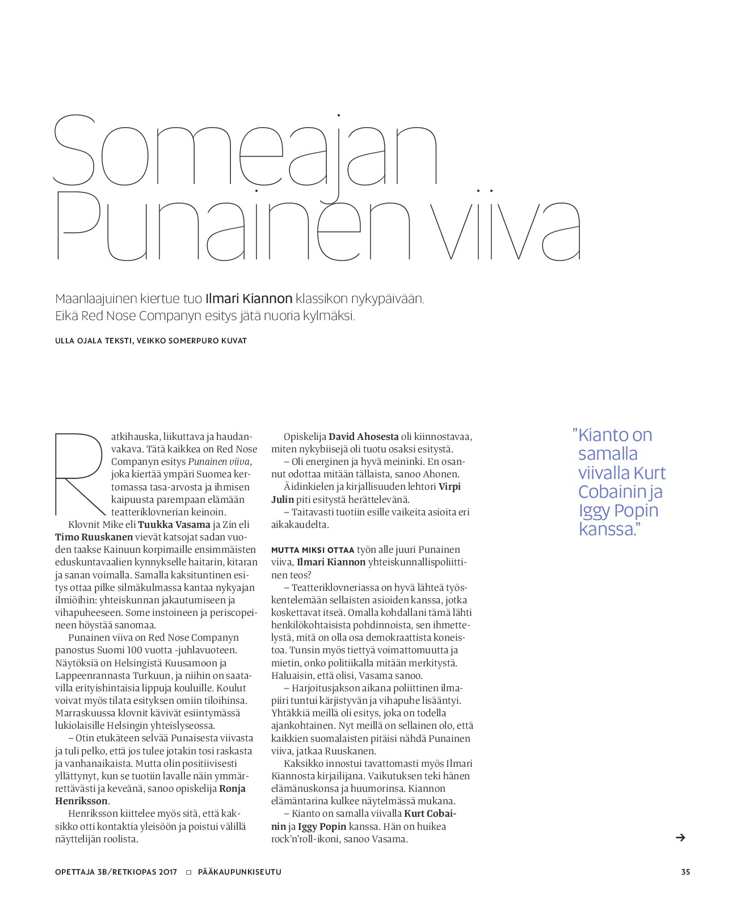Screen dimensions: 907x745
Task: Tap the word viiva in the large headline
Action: [504, 227]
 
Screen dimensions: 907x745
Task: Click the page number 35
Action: [685, 872]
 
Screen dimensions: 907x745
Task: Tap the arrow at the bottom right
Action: [680, 837]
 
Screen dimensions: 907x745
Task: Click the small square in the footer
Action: [189, 872]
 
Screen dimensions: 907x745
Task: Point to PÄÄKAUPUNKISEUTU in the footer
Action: [239, 872]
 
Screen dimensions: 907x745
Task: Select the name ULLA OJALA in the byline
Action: [77, 341]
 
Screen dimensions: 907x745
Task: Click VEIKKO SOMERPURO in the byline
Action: [181, 341]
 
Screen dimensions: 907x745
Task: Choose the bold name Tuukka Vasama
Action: [174, 524]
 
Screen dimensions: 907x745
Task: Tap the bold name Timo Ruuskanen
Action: [94, 537]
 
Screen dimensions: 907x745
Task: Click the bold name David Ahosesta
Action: [364, 436]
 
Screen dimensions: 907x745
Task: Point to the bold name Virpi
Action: [449, 486]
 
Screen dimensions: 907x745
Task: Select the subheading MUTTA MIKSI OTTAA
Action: [313, 550]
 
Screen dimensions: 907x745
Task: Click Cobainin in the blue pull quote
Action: [612, 492]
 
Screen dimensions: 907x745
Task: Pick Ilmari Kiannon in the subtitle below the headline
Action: [249, 299]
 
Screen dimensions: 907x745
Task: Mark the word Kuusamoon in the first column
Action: [195, 663]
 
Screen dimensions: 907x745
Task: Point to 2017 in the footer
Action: [168, 872]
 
